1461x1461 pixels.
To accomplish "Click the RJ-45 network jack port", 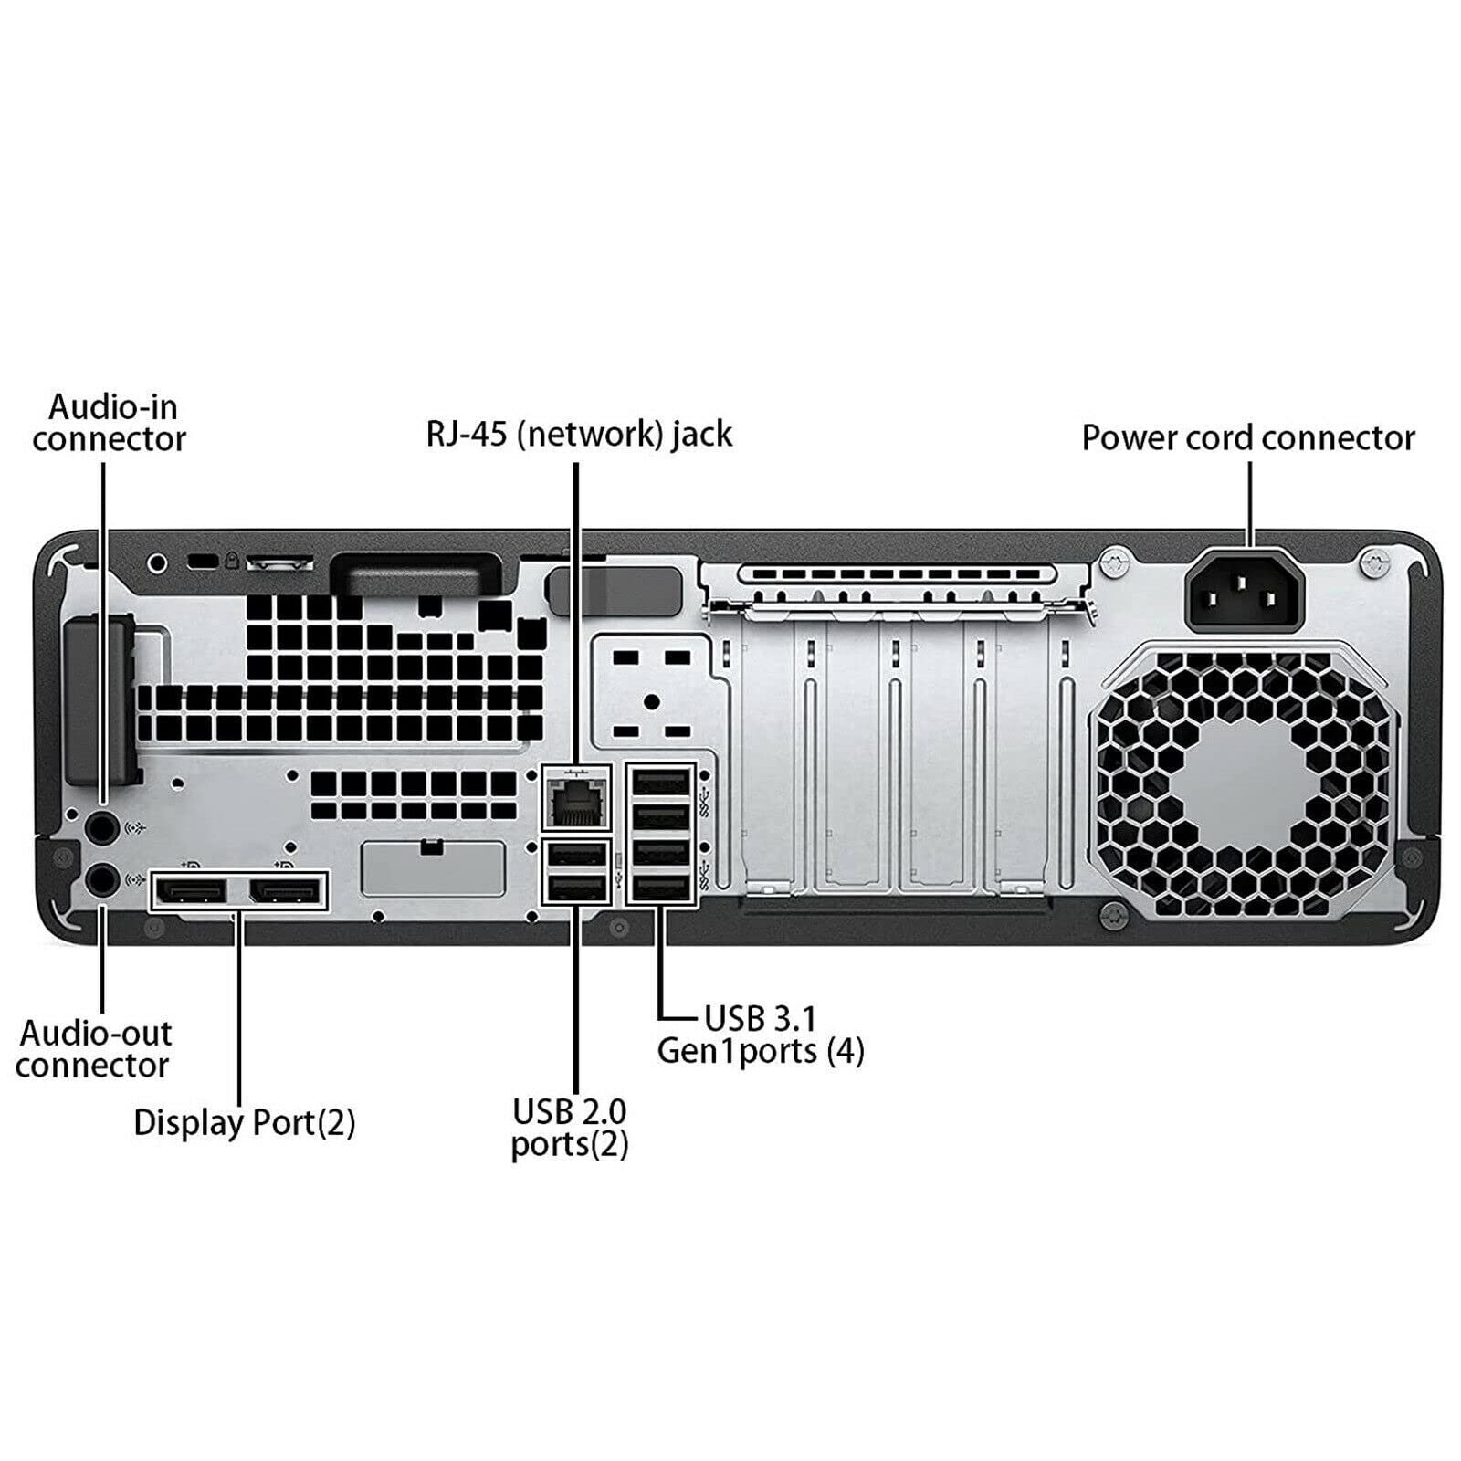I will (x=575, y=798).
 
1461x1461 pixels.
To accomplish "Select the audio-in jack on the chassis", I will (x=102, y=828).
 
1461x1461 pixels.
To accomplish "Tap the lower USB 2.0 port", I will (x=575, y=888).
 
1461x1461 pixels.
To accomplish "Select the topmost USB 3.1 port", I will (x=661, y=783).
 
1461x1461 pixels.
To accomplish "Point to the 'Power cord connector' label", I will (x=1247, y=437).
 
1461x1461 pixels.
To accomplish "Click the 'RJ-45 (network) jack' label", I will (x=579, y=434).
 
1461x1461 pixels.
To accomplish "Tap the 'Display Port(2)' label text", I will (x=244, y=1122).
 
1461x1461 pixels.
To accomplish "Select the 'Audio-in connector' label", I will (x=110, y=423).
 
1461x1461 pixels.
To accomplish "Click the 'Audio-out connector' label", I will (x=94, y=1049).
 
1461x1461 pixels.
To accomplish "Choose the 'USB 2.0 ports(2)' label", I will (x=570, y=1128).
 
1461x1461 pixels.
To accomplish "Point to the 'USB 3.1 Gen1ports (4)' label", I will (x=760, y=1035).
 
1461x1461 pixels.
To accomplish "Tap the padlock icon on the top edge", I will (x=232, y=560).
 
